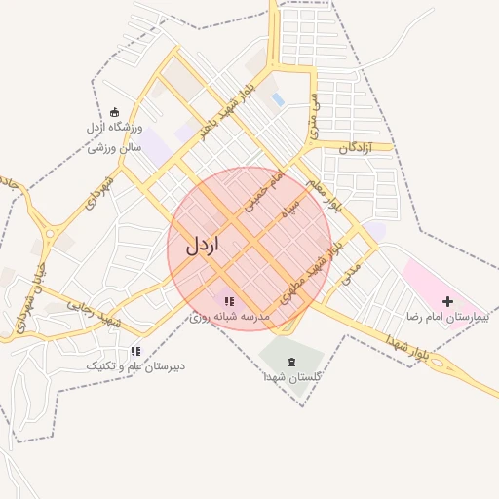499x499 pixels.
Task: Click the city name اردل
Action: (x=202, y=245)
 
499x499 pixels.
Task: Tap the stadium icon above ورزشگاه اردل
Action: (x=115, y=112)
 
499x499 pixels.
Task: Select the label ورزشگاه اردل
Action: (x=115, y=129)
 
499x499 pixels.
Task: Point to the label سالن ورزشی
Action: (x=115, y=147)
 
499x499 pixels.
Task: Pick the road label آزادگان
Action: (x=357, y=148)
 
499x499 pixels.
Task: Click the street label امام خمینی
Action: (x=263, y=192)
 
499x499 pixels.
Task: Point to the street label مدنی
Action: (x=351, y=273)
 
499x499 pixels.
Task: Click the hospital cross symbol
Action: (x=448, y=301)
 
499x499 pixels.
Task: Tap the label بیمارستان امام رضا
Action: (x=444, y=318)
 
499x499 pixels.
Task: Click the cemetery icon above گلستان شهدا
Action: (x=293, y=362)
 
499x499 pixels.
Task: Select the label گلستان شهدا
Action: (x=292, y=377)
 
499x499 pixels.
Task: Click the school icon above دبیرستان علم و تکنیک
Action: (x=135, y=351)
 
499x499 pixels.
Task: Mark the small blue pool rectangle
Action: (x=278, y=99)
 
